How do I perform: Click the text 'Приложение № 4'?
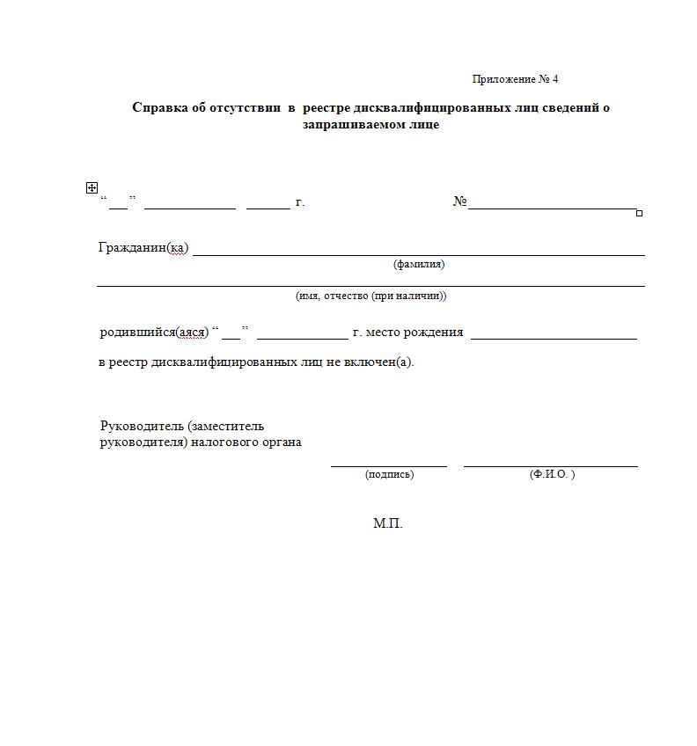click(515, 79)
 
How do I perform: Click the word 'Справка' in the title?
click(159, 107)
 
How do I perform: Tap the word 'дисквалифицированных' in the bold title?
click(432, 107)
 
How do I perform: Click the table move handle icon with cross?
click(92, 187)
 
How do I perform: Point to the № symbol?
click(459, 202)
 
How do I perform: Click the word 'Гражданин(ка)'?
click(143, 247)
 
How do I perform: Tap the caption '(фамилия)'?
click(418, 264)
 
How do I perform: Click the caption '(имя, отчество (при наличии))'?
click(371, 296)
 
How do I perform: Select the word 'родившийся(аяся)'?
click(154, 332)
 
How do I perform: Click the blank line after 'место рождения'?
click(554, 337)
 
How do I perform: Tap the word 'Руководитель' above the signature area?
click(142, 426)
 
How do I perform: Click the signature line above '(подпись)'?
click(389, 465)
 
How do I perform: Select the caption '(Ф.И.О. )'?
click(552, 474)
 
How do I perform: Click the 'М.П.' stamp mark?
click(387, 523)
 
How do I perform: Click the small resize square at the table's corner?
click(639, 213)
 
